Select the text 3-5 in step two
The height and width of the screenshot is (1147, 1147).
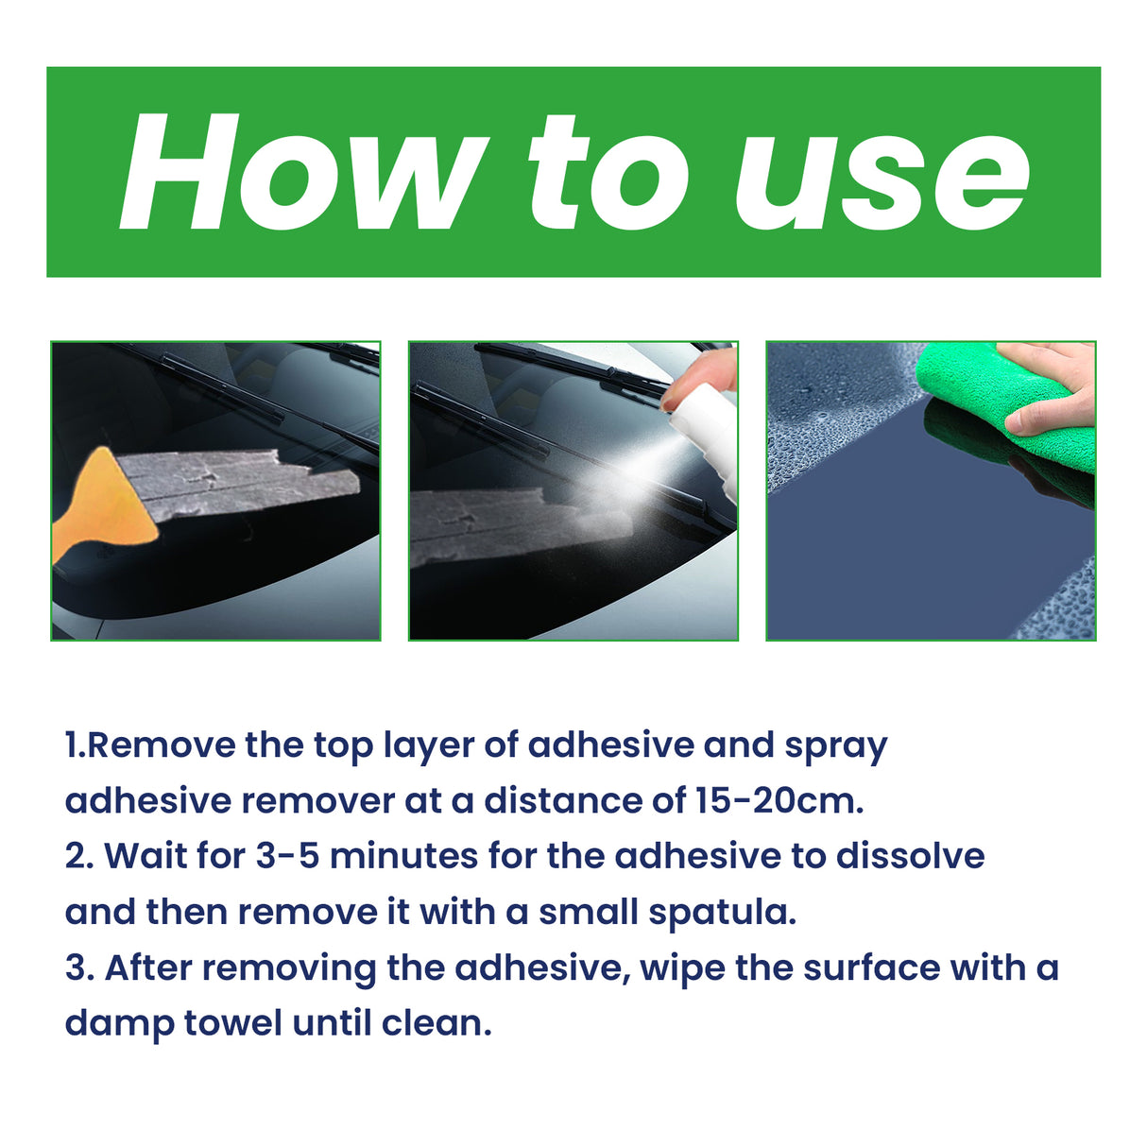[287, 856]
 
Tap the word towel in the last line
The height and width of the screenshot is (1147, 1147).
[232, 1023]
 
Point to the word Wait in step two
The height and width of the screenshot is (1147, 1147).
[145, 856]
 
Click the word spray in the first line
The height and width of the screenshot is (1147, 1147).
[836, 746]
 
